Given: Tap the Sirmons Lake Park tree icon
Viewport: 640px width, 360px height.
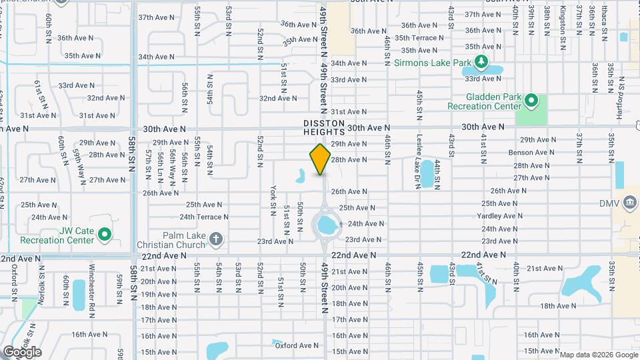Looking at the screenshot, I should pyautogui.click(x=482, y=63).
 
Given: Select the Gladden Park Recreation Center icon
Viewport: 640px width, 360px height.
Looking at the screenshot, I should pyautogui.click(x=531, y=101).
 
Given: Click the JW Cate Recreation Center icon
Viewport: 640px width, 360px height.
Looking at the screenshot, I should pyautogui.click(x=104, y=234).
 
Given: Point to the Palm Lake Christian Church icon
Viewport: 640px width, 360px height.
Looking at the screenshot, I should pyautogui.click(x=215, y=238).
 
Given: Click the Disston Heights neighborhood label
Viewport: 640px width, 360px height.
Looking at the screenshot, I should pyautogui.click(x=324, y=128).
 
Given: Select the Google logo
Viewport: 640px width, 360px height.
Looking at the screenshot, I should pyautogui.click(x=21, y=351).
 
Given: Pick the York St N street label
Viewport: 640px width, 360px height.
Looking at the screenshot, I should pyautogui.click(x=273, y=201).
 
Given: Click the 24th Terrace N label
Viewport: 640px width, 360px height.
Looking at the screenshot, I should pyautogui.click(x=204, y=217).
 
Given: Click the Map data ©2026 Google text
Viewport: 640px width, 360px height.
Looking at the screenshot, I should pyautogui.click(x=597, y=355).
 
